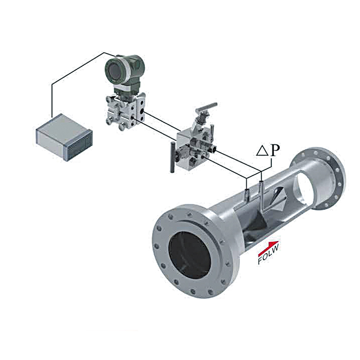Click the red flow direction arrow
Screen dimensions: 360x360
click(269, 248)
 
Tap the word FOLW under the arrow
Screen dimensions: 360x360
click(269, 254)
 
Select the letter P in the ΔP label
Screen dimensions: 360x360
click(275, 150)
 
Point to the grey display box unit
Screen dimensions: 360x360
click(64, 137)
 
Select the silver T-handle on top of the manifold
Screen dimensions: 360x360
click(207, 108)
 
